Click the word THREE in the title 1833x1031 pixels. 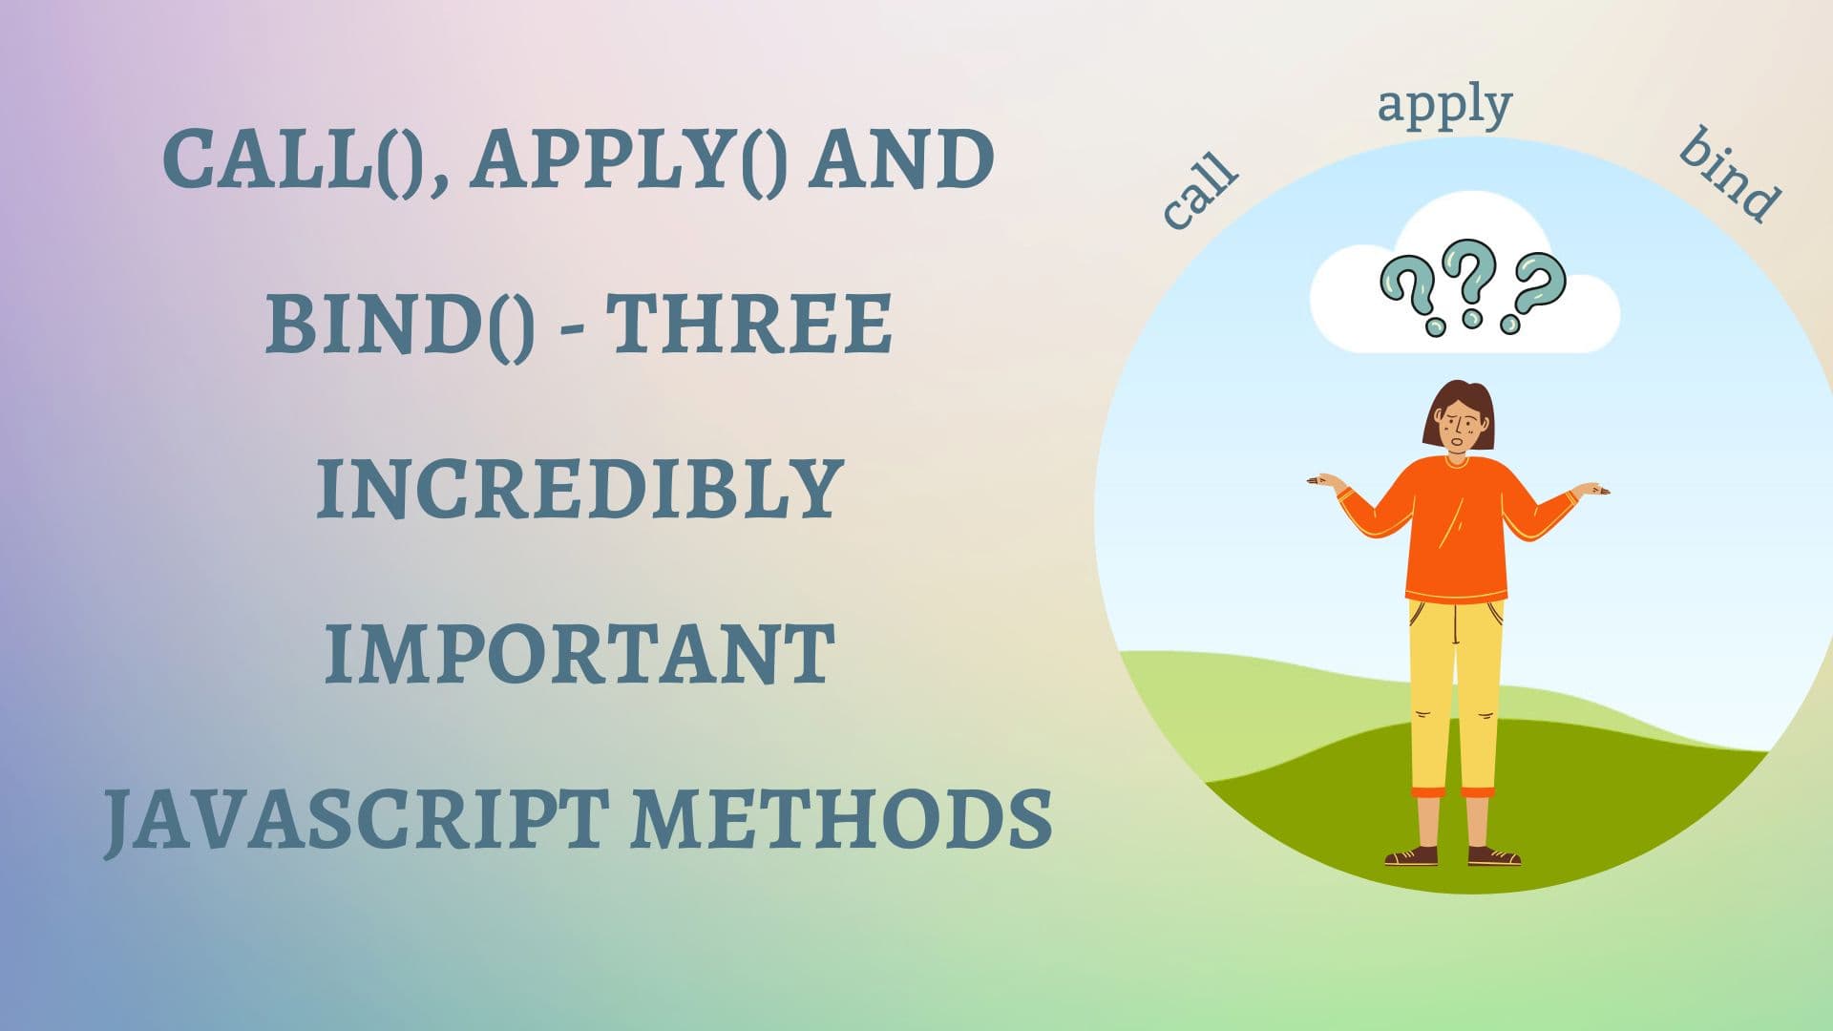point(749,324)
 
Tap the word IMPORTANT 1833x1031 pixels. point(579,654)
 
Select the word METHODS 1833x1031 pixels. point(842,818)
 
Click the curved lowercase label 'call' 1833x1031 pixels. point(1200,191)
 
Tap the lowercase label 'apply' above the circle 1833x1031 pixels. point(1445,107)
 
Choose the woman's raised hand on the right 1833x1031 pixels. point(1591,490)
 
